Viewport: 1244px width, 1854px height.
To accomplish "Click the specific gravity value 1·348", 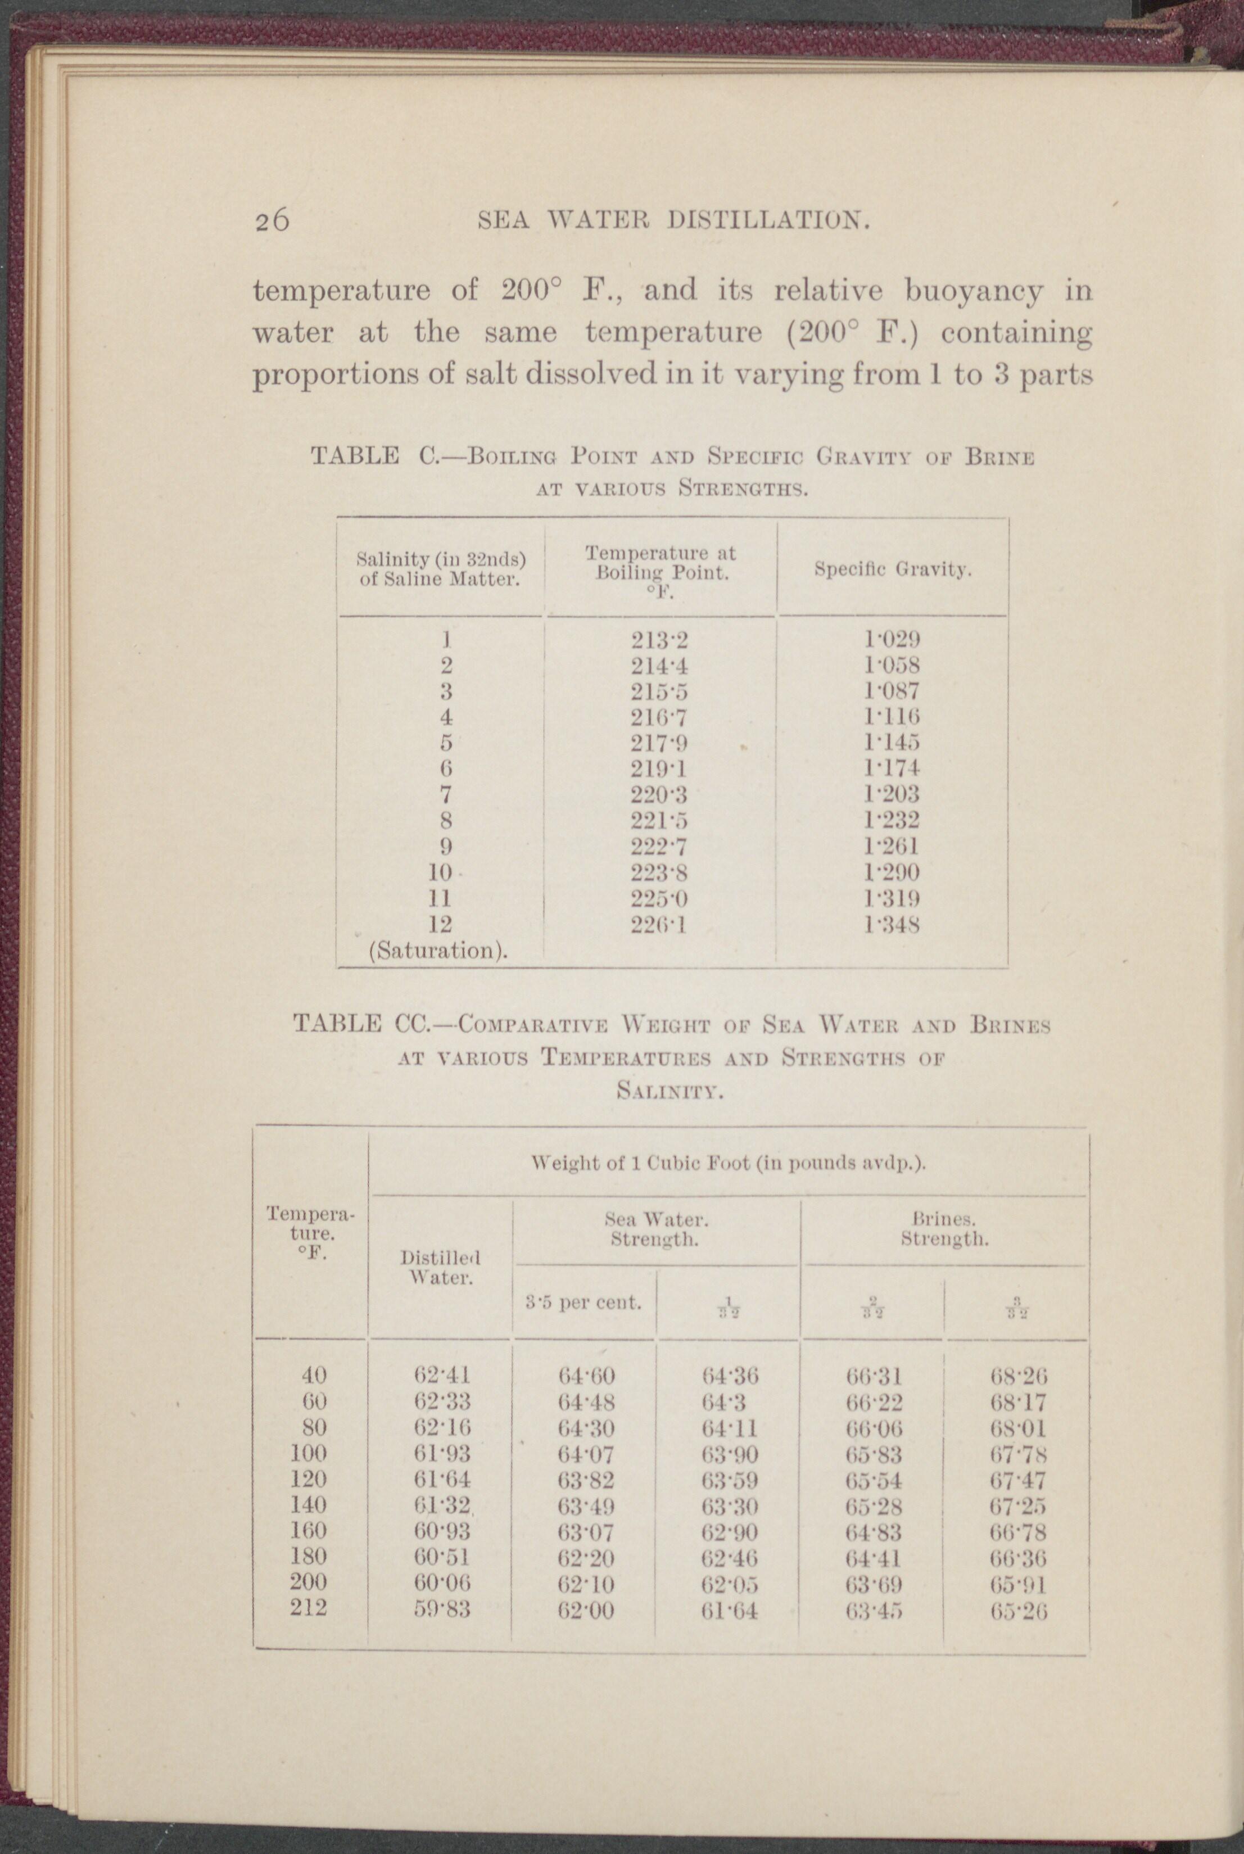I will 893,925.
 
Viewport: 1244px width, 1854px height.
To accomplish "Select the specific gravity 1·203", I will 893,794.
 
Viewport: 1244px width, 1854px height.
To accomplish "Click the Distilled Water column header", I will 441,1267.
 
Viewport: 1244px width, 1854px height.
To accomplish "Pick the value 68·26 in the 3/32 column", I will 1019,1375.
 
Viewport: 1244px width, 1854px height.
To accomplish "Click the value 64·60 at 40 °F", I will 586,1375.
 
